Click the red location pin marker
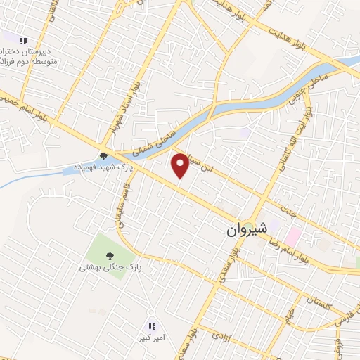pos(181,165)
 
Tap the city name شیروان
pos(247,229)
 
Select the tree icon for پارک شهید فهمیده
pos(103,157)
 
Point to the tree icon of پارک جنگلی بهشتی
pos(109,257)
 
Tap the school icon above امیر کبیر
pos(151,326)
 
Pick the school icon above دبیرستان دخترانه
pos(23,41)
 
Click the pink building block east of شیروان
pos(292,236)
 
